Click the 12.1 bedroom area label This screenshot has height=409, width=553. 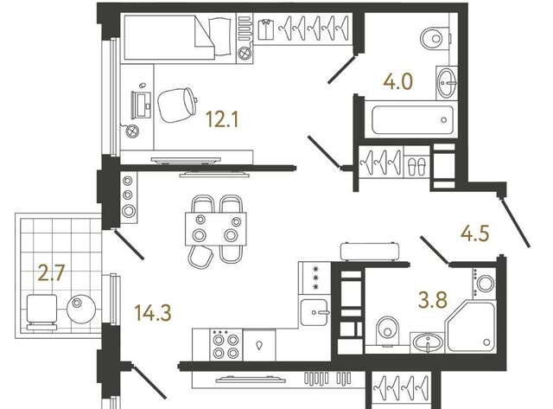223,119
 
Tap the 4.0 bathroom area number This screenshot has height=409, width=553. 397,81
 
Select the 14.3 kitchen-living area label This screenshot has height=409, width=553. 153,313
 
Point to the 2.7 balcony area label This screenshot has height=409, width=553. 51,272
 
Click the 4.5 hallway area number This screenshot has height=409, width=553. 475,233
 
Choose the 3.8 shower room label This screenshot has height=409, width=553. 433,299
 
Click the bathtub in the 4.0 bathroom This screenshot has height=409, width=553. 412,120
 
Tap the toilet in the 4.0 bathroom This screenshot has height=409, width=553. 435,37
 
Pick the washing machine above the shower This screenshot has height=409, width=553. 485,282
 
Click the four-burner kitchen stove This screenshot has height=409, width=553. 225,345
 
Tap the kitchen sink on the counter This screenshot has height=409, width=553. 315,312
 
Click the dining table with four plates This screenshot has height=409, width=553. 216,229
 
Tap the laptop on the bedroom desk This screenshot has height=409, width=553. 141,105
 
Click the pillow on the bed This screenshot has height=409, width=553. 220,36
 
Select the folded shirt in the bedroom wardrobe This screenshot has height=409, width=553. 266,29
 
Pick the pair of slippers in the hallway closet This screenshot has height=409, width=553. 416,167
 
